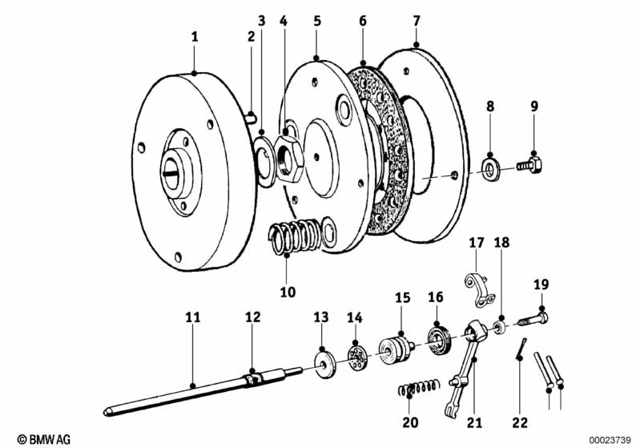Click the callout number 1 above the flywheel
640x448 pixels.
pos(193,35)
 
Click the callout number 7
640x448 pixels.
pos(416,20)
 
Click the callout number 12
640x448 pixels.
pos(252,317)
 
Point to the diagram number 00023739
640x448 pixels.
pos(610,438)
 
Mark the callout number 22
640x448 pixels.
pos(520,422)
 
